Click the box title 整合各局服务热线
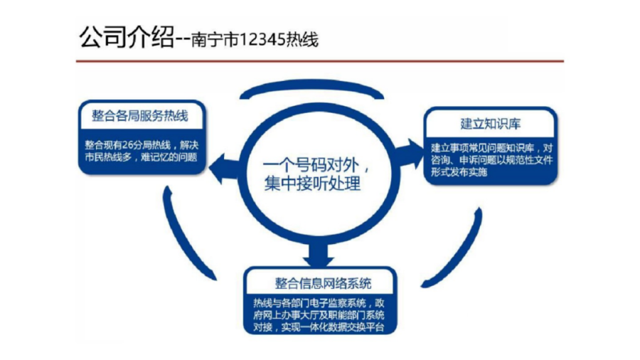tap(140, 115)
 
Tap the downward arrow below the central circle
tap(317, 251)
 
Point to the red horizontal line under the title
tap(319, 61)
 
